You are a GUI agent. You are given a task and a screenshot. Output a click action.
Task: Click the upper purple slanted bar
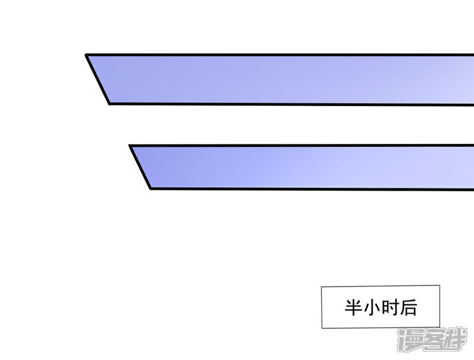(284, 79)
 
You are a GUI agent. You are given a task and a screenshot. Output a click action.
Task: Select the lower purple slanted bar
(308, 167)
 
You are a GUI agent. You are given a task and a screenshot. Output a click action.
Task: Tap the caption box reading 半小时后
(381, 307)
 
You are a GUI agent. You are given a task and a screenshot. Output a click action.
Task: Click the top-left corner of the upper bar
(87, 55)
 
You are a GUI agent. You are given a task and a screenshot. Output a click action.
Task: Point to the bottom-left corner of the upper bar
(110, 104)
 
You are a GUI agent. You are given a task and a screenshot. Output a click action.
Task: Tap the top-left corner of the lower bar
(130, 146)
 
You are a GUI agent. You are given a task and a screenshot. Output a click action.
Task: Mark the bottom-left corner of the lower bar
(150, 189)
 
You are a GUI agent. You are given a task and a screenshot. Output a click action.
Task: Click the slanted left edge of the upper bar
(98, 80)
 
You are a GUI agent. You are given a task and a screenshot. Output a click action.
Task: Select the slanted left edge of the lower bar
(140, 168)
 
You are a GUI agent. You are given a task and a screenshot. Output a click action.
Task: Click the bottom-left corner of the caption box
(322, 329)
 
